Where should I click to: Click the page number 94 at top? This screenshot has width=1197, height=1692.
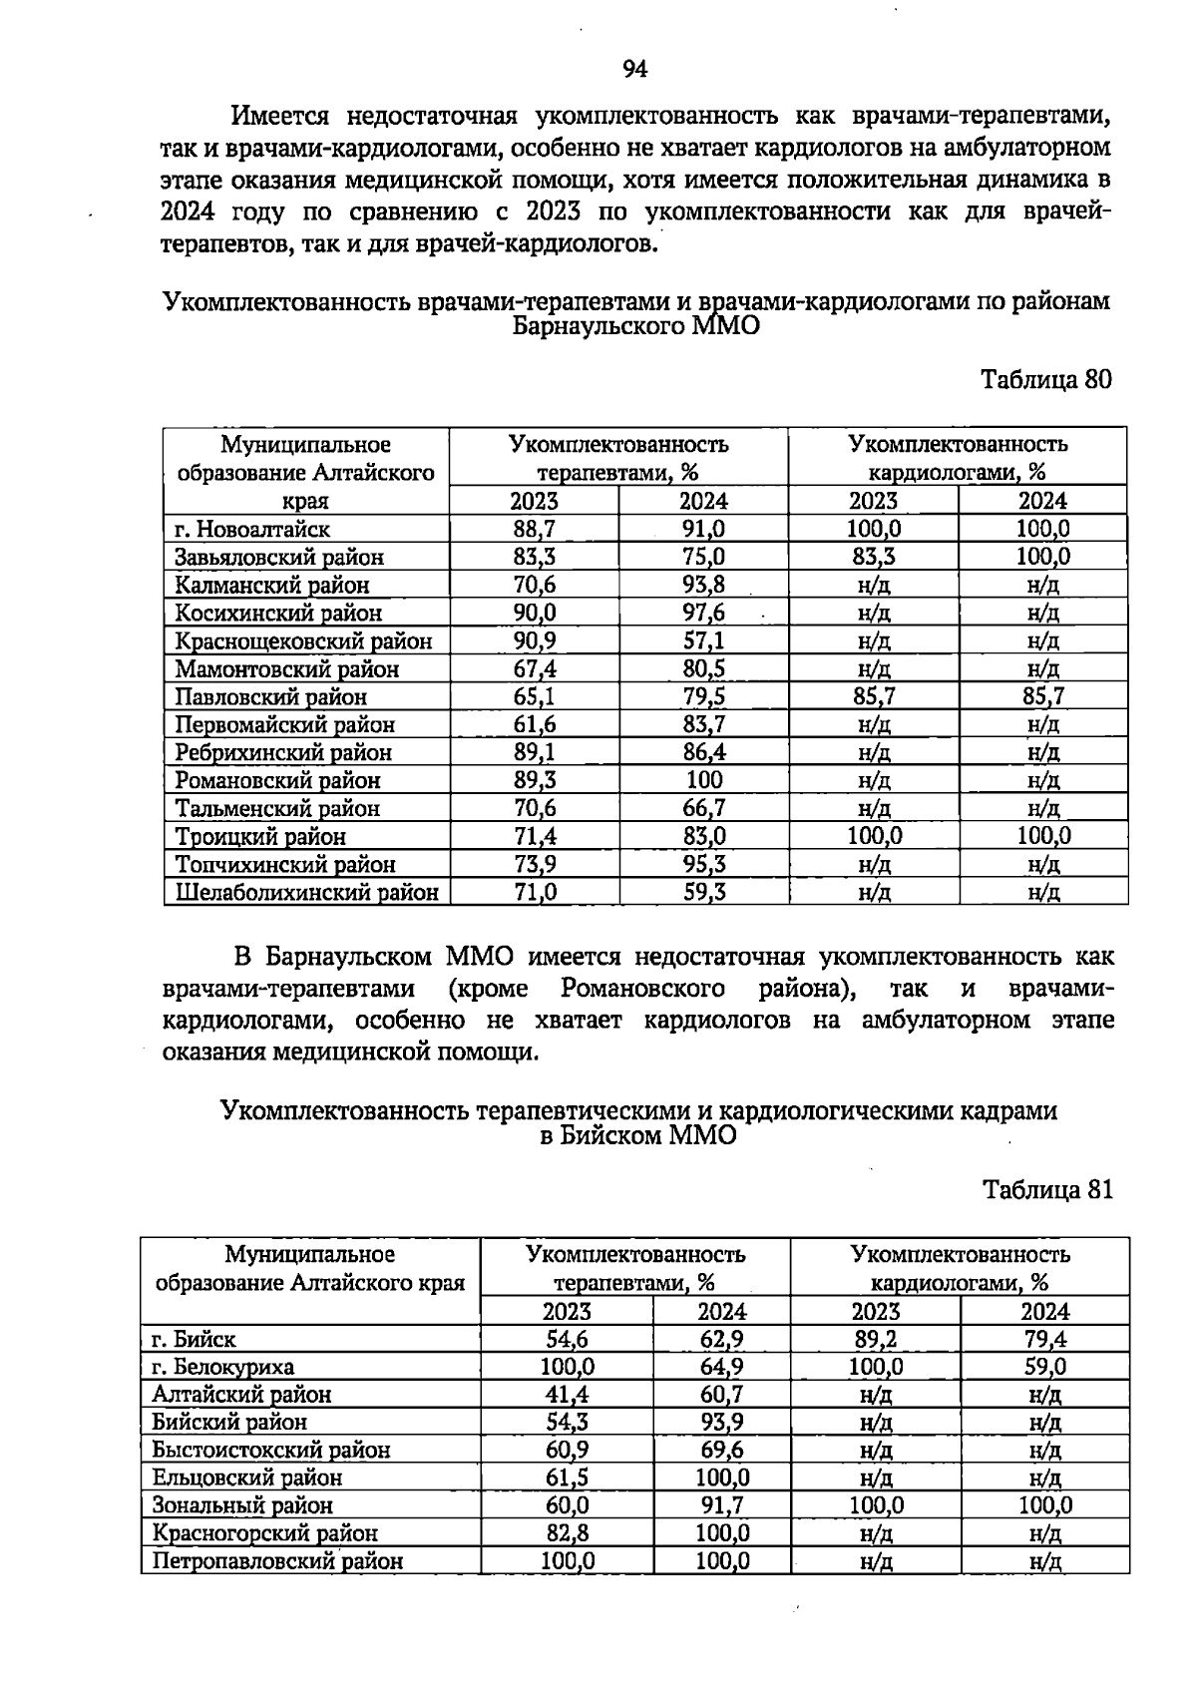point(635,69)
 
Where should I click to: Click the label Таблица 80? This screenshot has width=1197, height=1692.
point(1045,379)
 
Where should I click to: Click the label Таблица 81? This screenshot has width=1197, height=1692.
point(1046,1189)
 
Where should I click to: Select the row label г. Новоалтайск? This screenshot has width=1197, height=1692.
point(252,529)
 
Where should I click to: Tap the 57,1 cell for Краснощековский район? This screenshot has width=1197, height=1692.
point(703,640)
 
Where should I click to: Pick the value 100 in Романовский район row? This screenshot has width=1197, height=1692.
point(703,780)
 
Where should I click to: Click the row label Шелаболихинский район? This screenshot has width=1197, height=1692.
point(306,892)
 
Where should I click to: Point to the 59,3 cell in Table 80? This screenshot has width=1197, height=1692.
point(703,892)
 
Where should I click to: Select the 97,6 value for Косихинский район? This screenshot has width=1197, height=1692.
point(703,613)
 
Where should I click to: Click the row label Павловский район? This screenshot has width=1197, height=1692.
point(270,696)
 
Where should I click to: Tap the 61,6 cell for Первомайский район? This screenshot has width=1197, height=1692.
point(535,724)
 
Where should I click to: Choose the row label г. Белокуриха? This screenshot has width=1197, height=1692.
point(223,1366)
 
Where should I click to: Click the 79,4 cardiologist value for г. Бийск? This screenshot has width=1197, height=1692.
point(1046,1339)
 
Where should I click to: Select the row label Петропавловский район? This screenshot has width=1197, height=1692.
point(277,1561)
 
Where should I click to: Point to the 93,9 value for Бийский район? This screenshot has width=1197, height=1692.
point(721,1422)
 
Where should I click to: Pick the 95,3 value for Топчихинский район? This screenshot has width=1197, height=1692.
point(703,864)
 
